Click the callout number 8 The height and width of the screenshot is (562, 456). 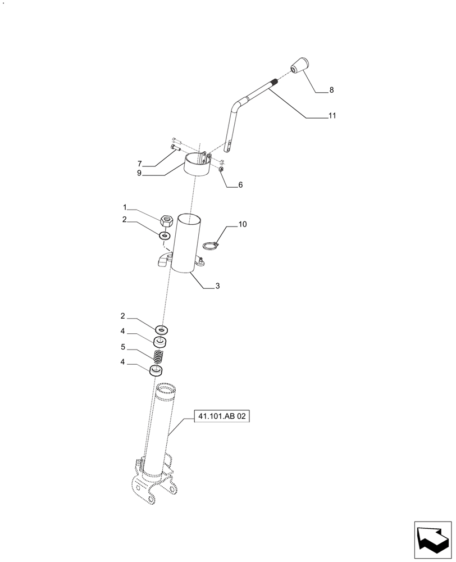(331, 90)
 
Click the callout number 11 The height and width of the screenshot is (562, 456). (332, 116)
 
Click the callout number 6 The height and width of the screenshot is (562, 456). (240, 184)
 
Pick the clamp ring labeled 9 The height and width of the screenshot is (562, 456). (197, 166)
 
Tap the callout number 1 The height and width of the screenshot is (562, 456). (125, 207)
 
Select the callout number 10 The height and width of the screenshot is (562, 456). (242, 224)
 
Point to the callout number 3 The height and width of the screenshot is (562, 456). (217, 286)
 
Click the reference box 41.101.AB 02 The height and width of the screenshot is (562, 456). (221, 416)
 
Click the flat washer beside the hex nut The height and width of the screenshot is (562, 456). (165, 236)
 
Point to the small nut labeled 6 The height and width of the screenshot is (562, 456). (222, 169)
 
